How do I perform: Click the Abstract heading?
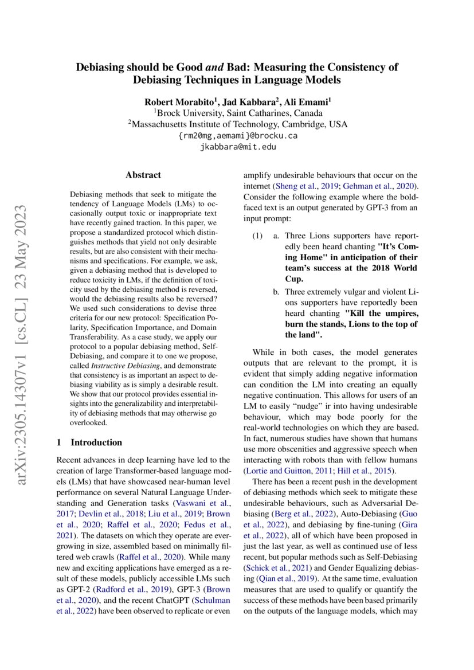coord(143,175)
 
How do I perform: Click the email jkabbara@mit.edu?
coord(237,147)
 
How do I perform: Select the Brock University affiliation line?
coord(237,113)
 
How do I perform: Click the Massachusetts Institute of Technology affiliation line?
coord(237,124)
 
